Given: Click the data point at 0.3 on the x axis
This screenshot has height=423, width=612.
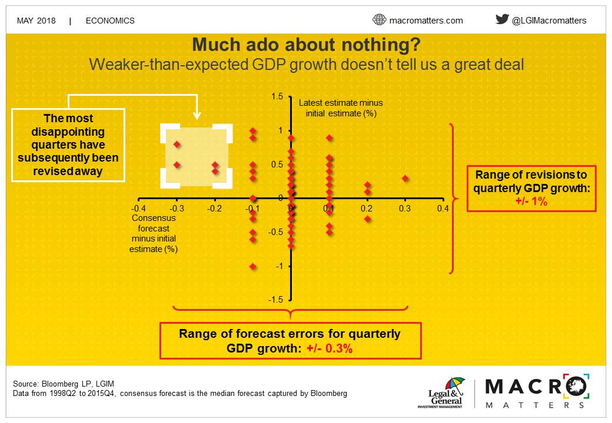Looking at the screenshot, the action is [x=405, y=179].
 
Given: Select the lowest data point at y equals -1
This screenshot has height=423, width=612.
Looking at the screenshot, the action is [x=253, y=266].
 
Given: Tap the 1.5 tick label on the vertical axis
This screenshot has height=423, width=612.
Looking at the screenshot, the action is [x=277, y=96].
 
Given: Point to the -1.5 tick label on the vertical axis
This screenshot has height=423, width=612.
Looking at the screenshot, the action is [x=275, y=299].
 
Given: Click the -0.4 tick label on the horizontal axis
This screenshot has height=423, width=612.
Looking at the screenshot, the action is [x=138, y=209].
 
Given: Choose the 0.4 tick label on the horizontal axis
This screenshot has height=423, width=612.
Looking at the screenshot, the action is [x=443, y=209].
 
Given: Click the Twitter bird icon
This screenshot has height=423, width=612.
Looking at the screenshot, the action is [x=502, y=19].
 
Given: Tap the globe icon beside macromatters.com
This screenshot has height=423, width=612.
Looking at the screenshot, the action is [x=379, y=19].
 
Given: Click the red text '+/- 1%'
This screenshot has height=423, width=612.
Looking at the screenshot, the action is [x=531, y=202].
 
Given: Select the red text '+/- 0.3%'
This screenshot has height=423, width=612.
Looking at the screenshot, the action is [x=330, y=348].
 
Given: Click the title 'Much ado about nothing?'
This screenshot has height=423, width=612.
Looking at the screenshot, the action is [x=307, y=45].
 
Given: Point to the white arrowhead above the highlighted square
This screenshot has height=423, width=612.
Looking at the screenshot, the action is [x=197, y=115].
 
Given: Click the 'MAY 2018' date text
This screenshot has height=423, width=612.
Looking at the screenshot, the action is [x=36, y=21].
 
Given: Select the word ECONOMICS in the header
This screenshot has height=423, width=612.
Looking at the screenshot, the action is [x=110, y=21].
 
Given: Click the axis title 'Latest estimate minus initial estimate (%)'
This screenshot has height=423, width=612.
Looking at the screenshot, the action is [x=341, y=108].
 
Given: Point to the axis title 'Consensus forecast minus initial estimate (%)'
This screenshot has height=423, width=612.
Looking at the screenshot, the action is [x=154, y=233].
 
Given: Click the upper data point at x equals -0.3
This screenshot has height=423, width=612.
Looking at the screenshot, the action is [x=177, y=145].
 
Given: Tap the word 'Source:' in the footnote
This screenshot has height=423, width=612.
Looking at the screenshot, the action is [x=26, y=384].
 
